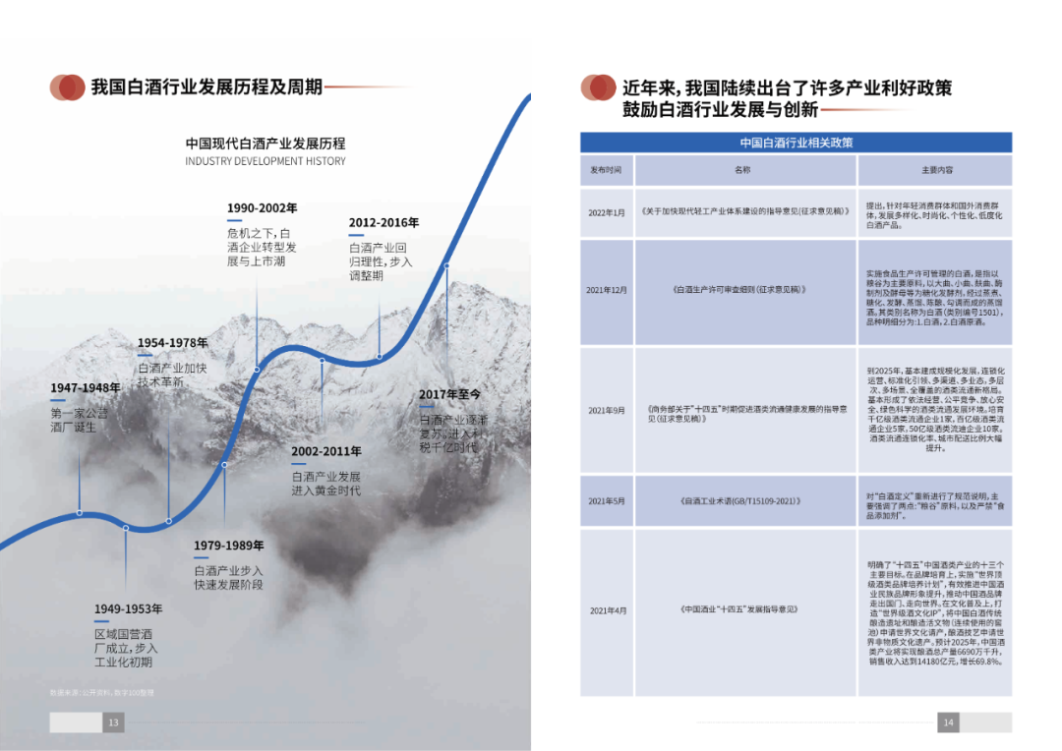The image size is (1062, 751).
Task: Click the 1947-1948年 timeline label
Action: [x=86, y=388]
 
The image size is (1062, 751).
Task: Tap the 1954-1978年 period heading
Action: [x=172, y=343]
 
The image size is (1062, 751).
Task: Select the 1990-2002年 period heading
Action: [x=262, y=208]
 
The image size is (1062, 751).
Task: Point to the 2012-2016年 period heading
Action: [x=383, y=223]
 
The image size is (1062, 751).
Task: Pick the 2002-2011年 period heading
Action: [x=325, y=452]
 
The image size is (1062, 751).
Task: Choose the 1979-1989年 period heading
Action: [x=229, y=546]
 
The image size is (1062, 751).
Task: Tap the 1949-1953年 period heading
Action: [x=129, y=609]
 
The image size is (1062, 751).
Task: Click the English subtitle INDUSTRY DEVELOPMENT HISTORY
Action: [x=265, y=161]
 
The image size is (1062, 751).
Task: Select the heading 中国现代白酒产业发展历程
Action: [x=265, y=144]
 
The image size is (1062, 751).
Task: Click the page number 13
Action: [x=113, y=723]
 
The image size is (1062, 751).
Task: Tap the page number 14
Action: [x=948, y=723]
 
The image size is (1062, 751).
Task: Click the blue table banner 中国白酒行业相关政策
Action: [x=796, y=144]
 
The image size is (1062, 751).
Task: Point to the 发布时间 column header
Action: [x=606, y=170]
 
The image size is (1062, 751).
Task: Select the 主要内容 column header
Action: [x=935, y=170]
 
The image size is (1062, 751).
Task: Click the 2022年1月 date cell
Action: [x=606, y=212]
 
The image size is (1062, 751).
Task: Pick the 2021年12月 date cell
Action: [x=606, y=291]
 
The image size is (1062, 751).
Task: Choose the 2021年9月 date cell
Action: [x=606, y=410]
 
